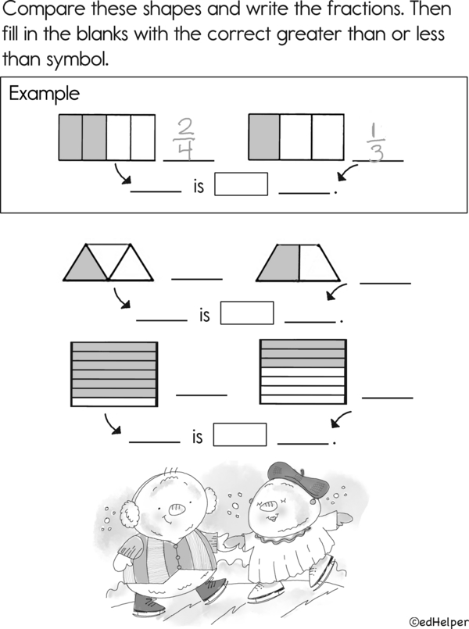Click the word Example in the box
tap(44, 95)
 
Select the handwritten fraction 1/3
tap(375, 142)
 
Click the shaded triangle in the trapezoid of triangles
tap(86, 265)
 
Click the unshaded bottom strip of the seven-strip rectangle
tap(114, 402)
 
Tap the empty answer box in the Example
tap(241, 184)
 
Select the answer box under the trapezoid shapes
tap(247, 313)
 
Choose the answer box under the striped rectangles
tap(239, 434)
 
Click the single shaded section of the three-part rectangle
tap(264, 138)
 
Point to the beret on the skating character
tap(298, 479)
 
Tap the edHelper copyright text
tap(439, 622)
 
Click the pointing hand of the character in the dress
tap(343, 519)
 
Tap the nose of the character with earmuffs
tap(176, 510)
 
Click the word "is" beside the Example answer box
tap(199, 187)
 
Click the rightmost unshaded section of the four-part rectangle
tap(143, 138)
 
